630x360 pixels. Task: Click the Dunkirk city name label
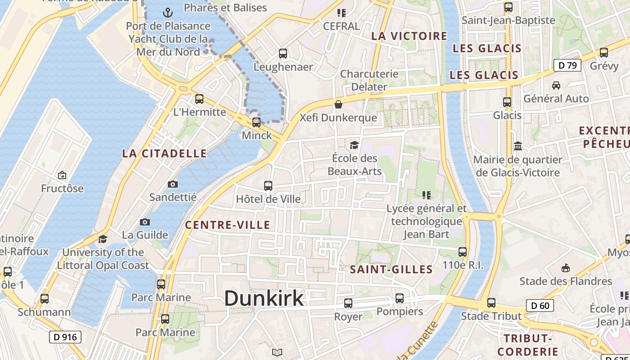[x=264, y=298]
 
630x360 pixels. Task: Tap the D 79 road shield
[x=567, y=66]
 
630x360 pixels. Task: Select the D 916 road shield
[x=65, y=337]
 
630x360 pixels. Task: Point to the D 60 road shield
[x=540, y=306]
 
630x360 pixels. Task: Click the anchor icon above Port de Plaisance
[x=168, y=12]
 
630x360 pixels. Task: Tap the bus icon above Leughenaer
[x=283, y=54]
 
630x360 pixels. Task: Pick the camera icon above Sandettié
[x=173, y=184]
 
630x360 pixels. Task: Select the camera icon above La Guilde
[x=145, y=222]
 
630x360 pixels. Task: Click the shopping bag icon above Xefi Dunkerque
[x=338, y=104]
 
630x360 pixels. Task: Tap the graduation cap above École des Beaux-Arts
[x=354, y=145]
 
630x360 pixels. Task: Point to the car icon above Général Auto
[x=556, y=85]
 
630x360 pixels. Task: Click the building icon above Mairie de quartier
[x=518, y=146]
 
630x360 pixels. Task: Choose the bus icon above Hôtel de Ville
[x=268, y=185]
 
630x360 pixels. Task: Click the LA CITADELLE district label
[x=164, y=153]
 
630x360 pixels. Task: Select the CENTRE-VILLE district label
[x=228, y=225]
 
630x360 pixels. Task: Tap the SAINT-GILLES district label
[x=391, y=270]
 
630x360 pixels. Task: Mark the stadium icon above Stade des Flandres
[x=566, y=268]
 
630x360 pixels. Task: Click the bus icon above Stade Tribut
[x=491, y=303]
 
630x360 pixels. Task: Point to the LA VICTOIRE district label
[x=409, y=36]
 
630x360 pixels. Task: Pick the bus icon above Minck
[x=256, y=122]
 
